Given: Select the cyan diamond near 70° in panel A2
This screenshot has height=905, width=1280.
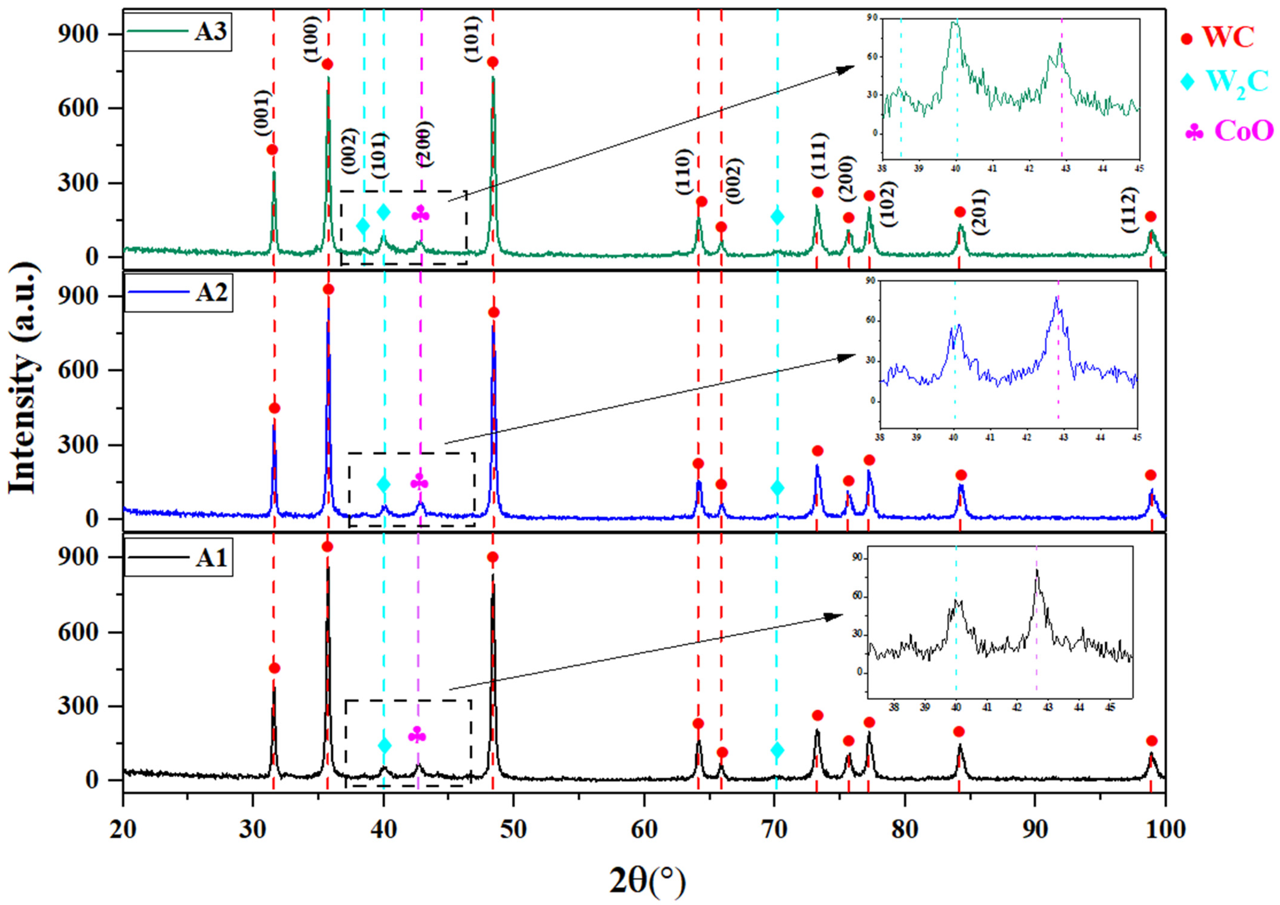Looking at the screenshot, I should tap(777, 488).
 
